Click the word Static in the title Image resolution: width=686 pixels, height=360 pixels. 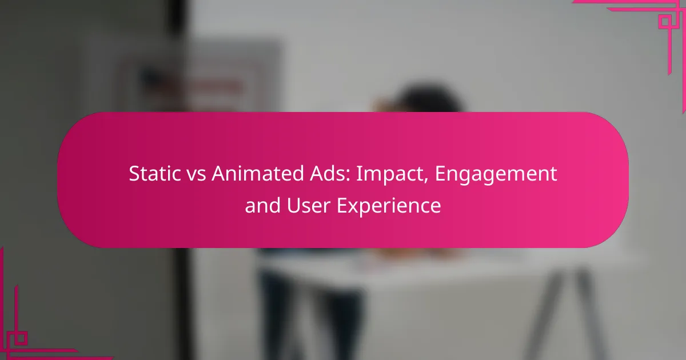coord(155,173)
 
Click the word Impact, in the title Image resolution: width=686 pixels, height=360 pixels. coord(392,175)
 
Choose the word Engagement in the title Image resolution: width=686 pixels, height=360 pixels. coord(496,175)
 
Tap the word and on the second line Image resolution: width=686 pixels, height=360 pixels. coord(262,205)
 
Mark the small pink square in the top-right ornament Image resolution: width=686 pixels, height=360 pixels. coord(665,22)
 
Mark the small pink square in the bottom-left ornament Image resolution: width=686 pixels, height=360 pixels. coord(21,338)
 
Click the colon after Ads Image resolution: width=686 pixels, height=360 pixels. coord(348,176)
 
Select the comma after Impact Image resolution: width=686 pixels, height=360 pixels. coord(426,181)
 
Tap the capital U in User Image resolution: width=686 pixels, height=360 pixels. coord(293,205)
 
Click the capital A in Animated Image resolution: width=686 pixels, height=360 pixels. coord(220,174)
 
